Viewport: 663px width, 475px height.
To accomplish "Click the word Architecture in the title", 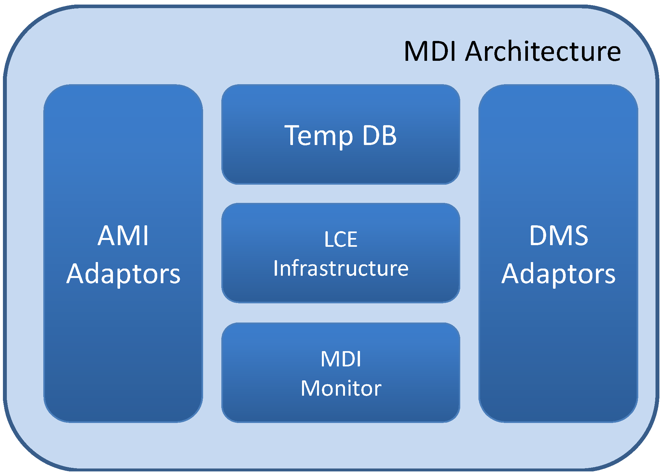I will pos(543,51).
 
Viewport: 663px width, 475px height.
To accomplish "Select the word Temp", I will pos(319,136).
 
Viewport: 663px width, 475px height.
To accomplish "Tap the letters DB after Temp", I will pos(379,135).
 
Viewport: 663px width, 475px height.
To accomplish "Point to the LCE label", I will pos(341,239).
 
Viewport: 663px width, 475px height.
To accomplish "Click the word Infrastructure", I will pos(341,269).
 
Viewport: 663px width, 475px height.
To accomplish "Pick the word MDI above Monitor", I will pos(341,359).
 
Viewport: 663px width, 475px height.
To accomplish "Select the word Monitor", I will pos(341,388).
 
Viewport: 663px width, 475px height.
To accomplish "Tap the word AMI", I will pos(123,235).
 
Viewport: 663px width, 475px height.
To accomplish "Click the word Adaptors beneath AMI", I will pos(123,274).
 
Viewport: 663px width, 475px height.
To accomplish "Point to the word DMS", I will pos(559,235).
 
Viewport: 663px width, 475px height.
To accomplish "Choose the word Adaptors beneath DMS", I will pos(559,274).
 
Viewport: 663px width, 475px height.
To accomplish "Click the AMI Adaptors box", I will pos(123,341).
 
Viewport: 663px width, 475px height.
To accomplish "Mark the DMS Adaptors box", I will pos(559,341).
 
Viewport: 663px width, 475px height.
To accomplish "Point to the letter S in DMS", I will pos(580,235).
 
